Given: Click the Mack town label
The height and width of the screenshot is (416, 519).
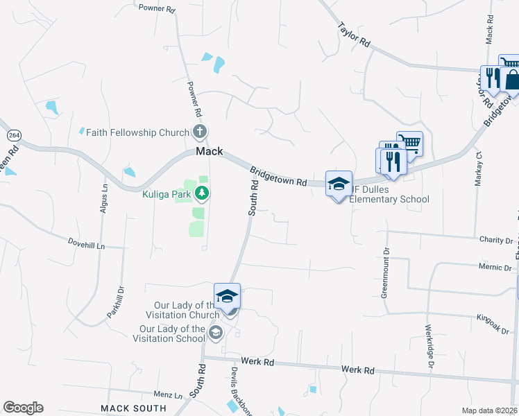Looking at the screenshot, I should [x=209, y=151].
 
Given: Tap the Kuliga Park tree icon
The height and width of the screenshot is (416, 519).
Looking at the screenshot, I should [x=203, y=192].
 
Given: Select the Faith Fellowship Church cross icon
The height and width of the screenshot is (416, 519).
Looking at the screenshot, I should [x=200, y=132].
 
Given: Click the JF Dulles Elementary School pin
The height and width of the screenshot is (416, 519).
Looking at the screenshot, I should [x=339, y=184].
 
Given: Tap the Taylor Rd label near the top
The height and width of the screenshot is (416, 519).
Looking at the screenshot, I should [x=353, y=34].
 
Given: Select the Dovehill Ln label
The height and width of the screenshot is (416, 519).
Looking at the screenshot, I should [x=86, y=245].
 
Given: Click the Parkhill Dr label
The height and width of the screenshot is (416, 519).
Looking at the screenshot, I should [x=114, y=302].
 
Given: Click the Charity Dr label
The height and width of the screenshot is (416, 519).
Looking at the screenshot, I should [x=495, y=240].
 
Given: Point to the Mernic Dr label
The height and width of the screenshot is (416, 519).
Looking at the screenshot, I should [x=495, y=266].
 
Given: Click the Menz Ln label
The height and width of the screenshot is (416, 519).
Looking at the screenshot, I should [x=168, y=394].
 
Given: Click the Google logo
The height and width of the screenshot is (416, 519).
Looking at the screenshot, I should [x=23, y=408].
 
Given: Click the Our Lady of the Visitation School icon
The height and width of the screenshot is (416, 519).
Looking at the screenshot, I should [x=215, y=334].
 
